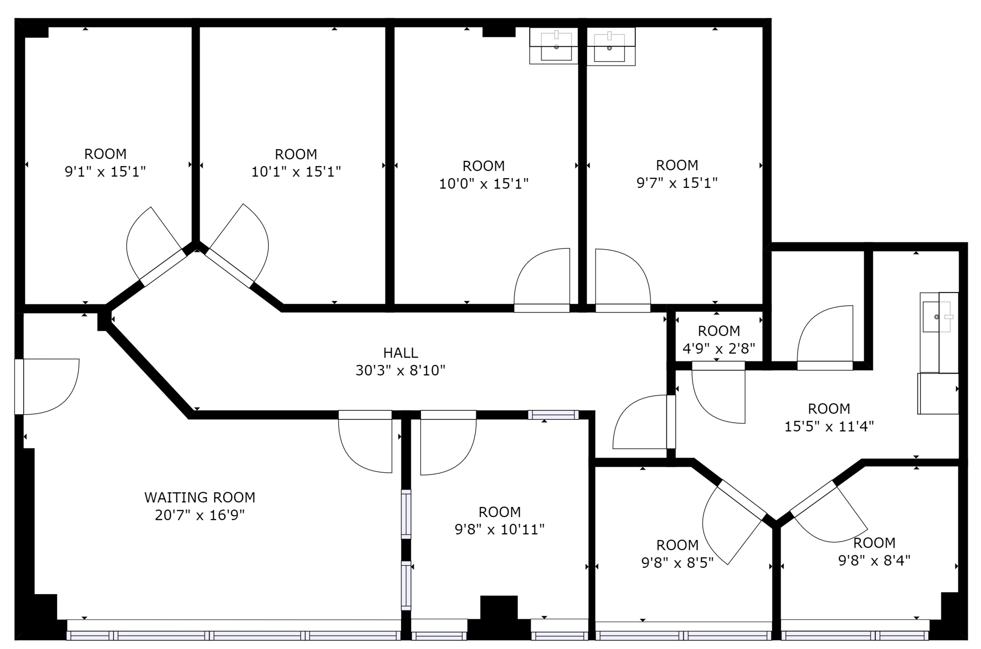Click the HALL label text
(400, 353)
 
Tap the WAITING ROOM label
(199, 497)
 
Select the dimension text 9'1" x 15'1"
(105, 171)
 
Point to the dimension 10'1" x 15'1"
(296, 171)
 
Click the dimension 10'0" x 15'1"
(483, 183)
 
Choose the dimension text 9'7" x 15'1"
(677, 182)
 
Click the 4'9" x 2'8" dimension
(718, 348)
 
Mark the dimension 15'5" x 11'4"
(829, 426)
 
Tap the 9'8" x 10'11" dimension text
(499, 529)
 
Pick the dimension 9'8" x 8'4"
(874, 560)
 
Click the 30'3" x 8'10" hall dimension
(400, 370)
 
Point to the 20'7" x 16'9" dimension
(199, 515)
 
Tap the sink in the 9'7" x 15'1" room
(611, 46)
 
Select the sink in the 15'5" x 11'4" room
(939, 332)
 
